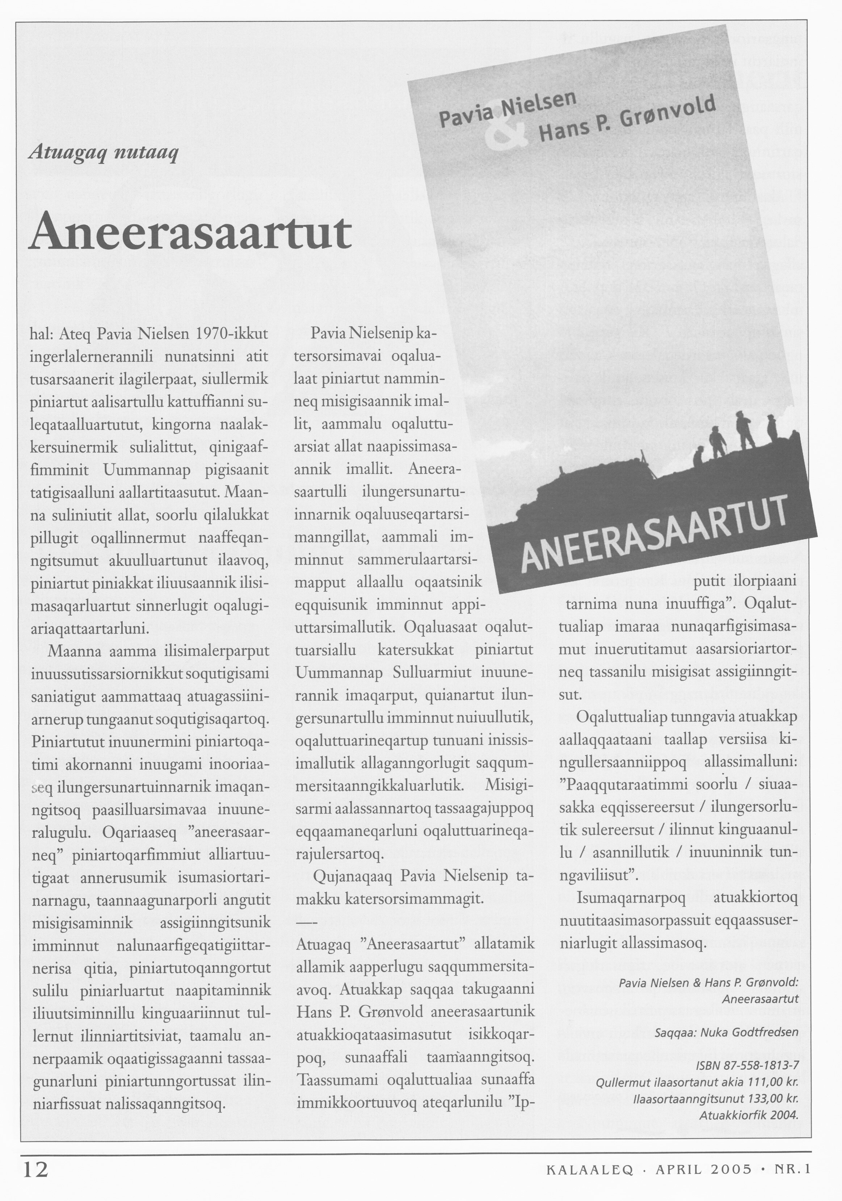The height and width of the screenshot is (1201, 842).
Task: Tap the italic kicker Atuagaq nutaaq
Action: coord(104,153)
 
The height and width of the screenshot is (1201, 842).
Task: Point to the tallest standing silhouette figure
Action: coord(744,429)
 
